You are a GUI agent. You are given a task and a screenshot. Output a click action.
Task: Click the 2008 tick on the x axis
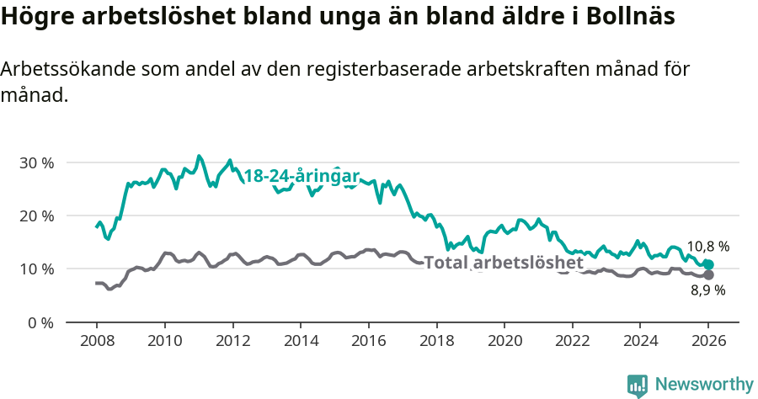pos(96,342)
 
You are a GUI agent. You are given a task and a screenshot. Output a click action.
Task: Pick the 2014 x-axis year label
pos(300,342)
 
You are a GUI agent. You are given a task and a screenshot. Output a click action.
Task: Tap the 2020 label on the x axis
pos(504,342)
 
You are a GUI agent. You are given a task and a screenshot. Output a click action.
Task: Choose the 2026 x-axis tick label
pos(708,342)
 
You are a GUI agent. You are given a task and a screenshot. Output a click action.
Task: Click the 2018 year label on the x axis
pos(436,342)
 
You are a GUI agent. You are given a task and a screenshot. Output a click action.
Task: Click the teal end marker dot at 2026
pos(708,264)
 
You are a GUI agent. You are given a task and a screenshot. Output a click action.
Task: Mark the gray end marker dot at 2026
pos(708,275)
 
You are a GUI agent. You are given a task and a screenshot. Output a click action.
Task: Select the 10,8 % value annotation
pos(707,247)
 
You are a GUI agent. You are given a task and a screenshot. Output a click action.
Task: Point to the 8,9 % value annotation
pos(707,291)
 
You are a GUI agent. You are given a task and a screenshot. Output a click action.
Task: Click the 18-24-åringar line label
pos(302,176)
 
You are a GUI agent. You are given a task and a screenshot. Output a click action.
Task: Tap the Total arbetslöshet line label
pos(504,263)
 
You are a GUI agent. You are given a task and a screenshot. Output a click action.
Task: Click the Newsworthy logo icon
pos(638,386)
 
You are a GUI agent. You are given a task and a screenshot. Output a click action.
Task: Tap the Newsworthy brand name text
pos(703,385)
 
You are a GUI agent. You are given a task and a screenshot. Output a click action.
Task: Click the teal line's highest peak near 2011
pos(199,156)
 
